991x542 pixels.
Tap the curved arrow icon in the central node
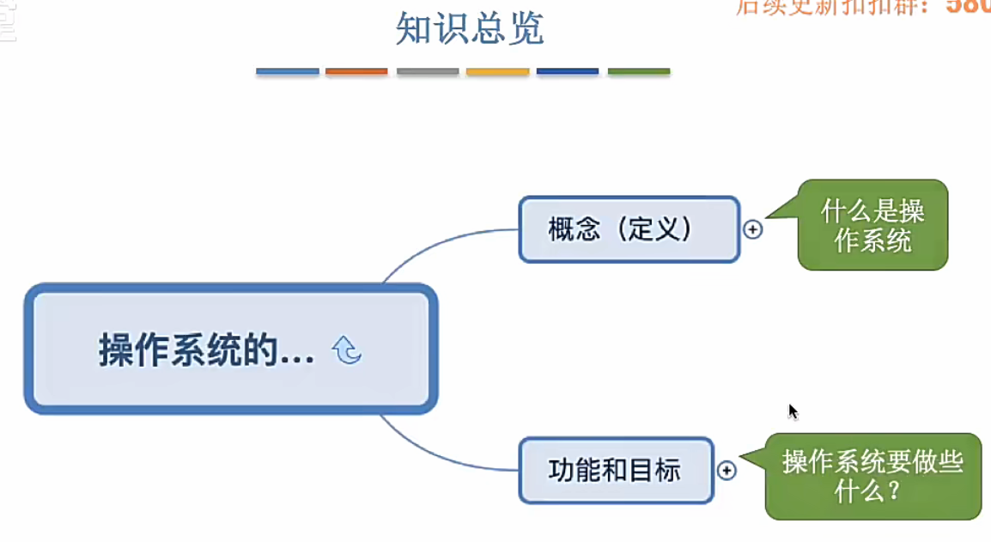pos(347,350)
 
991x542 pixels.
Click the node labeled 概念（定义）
pos(629,229)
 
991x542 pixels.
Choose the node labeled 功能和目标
pos(616,470)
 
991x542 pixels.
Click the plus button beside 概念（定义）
pos(753,229)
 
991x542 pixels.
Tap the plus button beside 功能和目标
pos(727,471)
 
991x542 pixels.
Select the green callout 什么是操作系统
pos(872,225)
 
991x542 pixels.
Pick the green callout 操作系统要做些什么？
pos(872,476)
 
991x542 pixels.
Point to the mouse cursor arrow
pos(792,411)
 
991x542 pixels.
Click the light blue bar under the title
pos(288,71)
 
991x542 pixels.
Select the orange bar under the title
pos(356,71)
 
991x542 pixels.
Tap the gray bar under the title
pos(428,71)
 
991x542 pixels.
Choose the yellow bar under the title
pos(497,71)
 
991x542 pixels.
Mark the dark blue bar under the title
pos(568,71)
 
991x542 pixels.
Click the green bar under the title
pos(639,71)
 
